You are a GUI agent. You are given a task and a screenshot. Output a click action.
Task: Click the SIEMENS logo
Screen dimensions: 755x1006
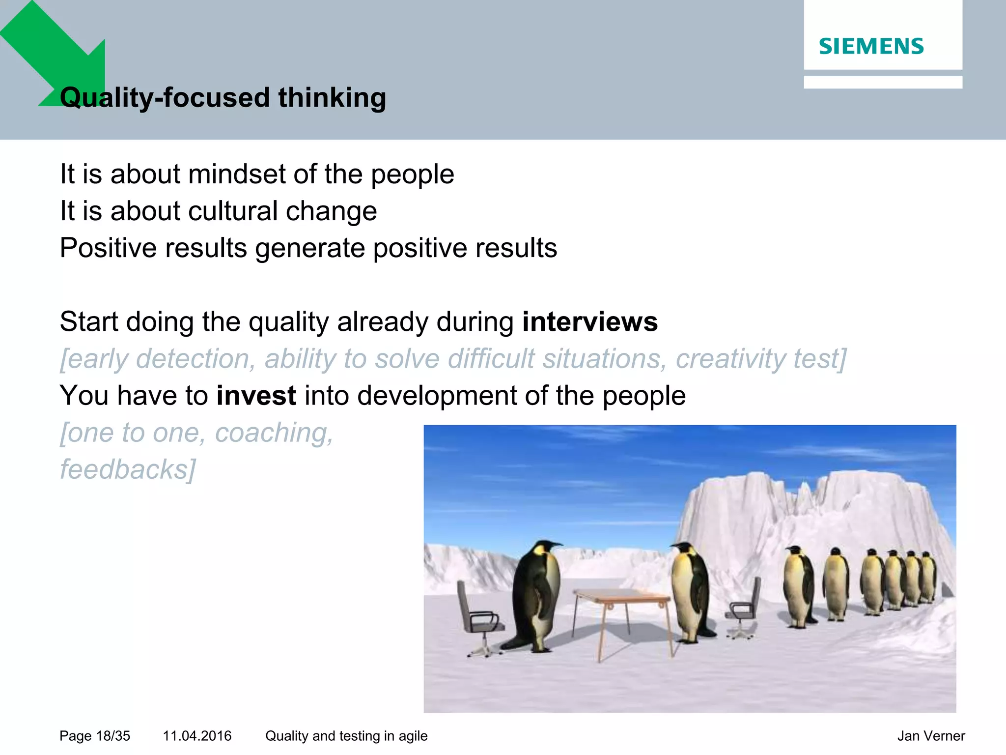coord(871,46)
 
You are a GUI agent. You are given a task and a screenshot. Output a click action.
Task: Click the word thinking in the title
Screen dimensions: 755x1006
coord(332,97)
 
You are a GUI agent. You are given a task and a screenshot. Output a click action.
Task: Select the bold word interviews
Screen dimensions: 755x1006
coord(589,322)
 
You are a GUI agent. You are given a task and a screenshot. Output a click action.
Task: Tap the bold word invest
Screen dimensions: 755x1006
coord(256,396)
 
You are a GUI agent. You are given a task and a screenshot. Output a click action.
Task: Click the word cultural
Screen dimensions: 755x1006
coord(233,211)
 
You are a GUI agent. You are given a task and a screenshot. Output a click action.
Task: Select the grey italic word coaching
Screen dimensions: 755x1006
coord(274,433)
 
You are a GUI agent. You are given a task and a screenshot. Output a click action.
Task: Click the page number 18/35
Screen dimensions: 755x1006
coord(113,736)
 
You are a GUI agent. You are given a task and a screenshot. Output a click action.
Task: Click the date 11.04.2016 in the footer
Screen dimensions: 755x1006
coord(197,736)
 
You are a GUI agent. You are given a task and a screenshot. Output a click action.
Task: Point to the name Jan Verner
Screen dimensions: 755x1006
coord(931,736)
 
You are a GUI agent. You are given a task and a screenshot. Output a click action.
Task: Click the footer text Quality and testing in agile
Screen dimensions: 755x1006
coord(346,736)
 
